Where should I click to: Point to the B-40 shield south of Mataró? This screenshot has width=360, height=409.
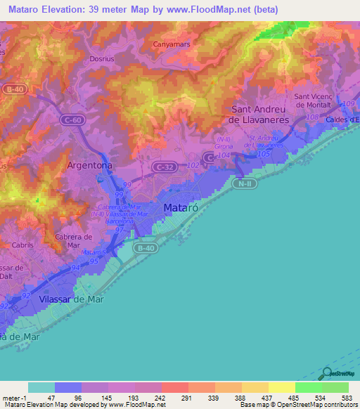[146, 247]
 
